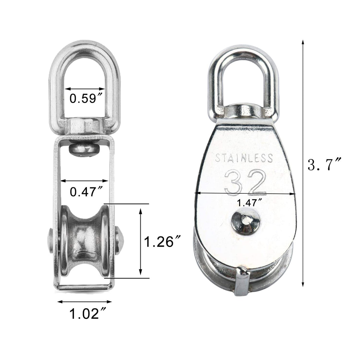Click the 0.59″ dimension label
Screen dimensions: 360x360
click(86, 99)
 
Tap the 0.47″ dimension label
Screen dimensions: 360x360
click(86, 192)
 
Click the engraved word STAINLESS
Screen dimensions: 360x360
click(244, 158)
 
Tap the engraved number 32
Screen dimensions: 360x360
click(245, 182)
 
